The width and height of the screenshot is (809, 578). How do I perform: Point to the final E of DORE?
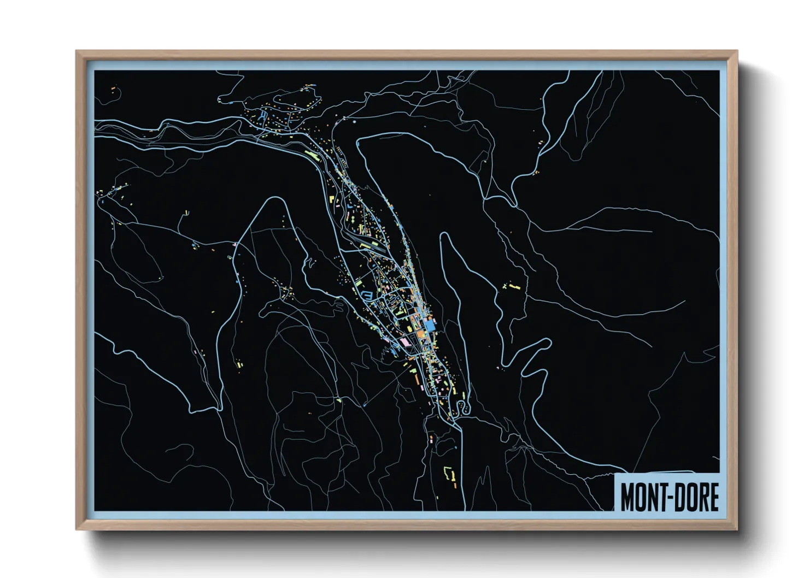point(713,497)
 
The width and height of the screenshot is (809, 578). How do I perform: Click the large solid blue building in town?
point(430,326)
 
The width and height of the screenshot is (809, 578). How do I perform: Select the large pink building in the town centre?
point(404,341)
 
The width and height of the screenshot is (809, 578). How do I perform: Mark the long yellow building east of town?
point(513,285)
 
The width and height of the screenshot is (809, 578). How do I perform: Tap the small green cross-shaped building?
point(504,286)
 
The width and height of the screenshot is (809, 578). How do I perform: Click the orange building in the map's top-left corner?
point(113,88)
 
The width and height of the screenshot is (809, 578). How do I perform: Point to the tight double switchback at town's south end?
point(463,407)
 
